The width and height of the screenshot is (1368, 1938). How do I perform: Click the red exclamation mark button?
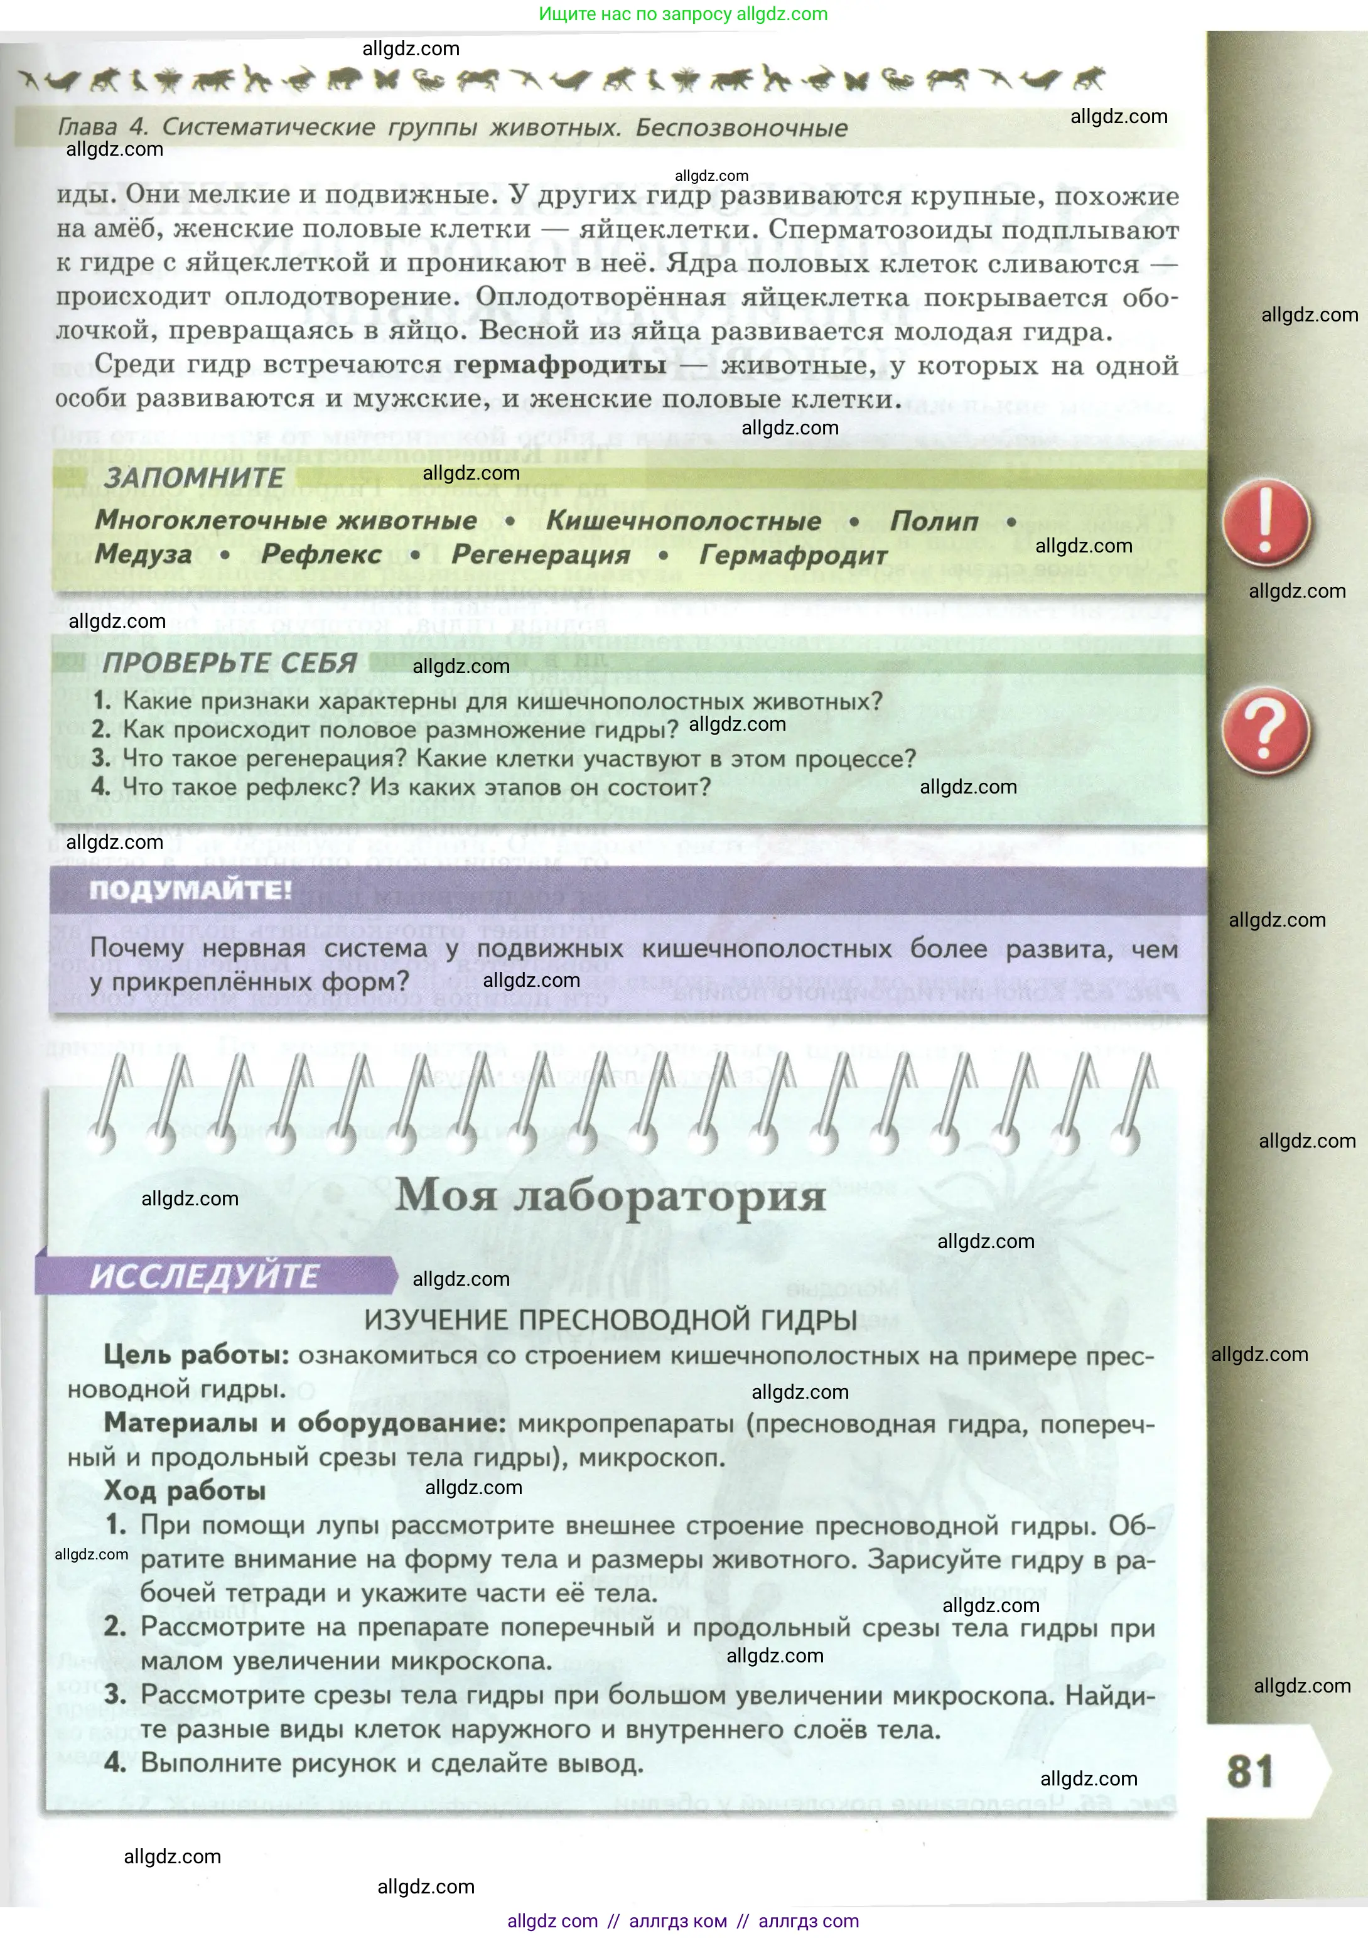[1265, 522]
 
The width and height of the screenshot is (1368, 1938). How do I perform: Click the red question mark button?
[1265, 731]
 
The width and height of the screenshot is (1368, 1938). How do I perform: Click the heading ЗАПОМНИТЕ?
[194, 478]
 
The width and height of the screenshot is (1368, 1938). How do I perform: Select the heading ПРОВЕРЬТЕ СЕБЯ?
[230, 664]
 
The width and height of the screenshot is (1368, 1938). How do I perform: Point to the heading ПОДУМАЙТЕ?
[191, 890]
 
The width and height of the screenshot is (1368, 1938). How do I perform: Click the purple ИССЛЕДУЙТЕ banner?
[205, 1276]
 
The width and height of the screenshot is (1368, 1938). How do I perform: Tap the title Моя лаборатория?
[610, 1195]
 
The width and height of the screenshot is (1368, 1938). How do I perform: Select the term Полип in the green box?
[934, 521]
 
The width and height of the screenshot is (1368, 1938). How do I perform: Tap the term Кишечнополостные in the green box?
[684, 521]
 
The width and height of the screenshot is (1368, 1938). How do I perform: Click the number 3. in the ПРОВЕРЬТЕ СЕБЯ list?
[101, 758]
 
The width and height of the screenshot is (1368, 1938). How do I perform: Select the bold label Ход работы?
[185, 1492]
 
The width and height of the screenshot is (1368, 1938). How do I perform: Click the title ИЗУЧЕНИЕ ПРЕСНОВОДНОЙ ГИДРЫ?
[610, 1320]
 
